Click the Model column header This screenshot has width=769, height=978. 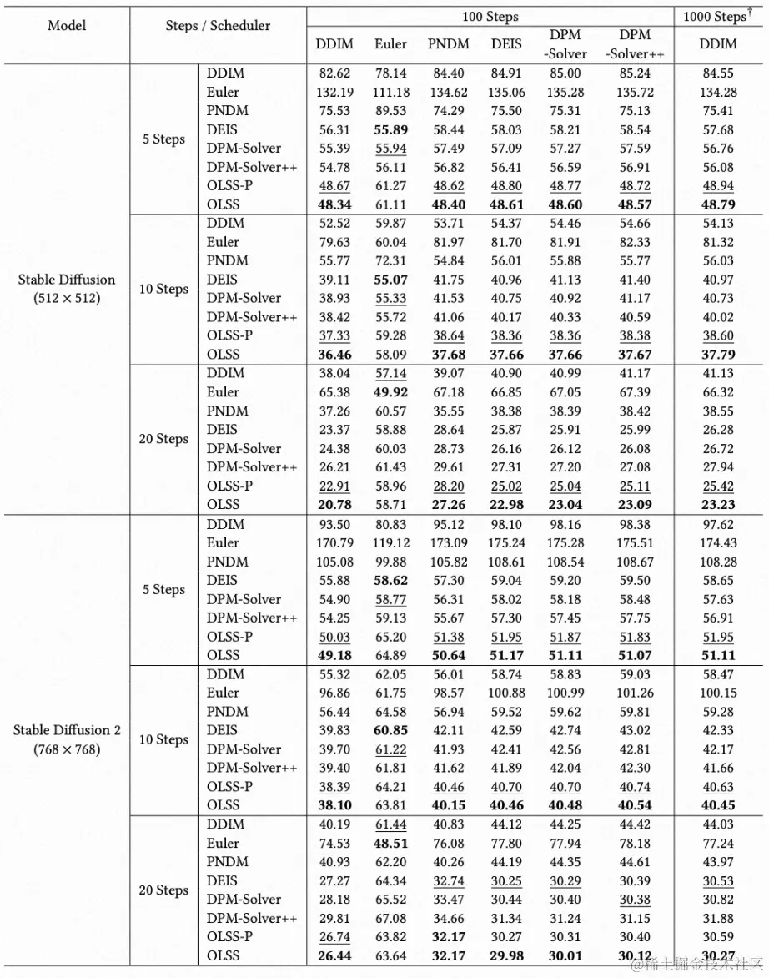(x=67, y=25)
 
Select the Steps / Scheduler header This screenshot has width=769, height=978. (x=218, y=25)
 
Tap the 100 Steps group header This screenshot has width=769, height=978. (x=490, y=16)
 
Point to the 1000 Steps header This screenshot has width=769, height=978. (x=717, y=16)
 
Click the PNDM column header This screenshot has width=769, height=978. (x=448, y=43)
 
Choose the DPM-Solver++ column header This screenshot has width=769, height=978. (x=636, y=43)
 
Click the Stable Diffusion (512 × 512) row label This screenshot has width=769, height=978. (x=67, y=288)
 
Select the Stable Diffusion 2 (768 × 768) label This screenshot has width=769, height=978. (x=67, y=739)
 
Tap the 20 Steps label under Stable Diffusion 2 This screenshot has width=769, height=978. (x=163, y=890)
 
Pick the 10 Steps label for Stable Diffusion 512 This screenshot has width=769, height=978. (x=163, y=289)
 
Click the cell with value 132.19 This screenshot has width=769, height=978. (x=334, y=92)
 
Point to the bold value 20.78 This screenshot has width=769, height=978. (x=334, y=504)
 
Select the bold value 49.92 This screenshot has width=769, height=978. (x=390, y=391)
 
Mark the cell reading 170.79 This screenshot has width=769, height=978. (x=334, y=542)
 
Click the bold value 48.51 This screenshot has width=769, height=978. (x=390, y=843)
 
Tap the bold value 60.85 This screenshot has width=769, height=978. (x=390, y=730)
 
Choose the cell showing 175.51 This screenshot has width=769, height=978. (x=636, y=542)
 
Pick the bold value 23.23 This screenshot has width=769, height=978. (x=717, y=504)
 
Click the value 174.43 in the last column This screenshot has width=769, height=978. (x=717, y=542)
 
